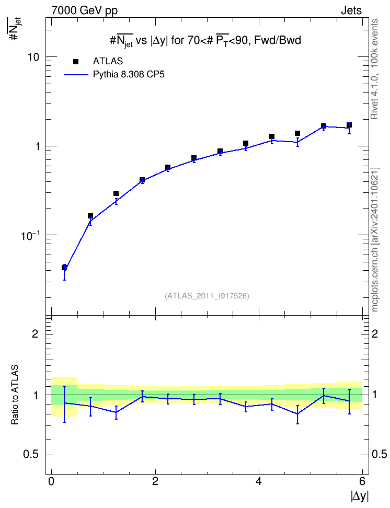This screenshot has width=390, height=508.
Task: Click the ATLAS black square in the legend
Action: point(75,62)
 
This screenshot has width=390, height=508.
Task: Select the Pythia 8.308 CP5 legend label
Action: point(129,75)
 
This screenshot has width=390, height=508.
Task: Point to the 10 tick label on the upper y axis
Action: point(33,57)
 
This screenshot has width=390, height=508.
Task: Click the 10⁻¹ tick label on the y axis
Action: point(30,236)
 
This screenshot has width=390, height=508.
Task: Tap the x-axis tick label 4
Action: point(259,481)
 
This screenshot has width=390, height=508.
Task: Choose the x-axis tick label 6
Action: point(362,481)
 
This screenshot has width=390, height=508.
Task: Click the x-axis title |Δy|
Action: point(360,497)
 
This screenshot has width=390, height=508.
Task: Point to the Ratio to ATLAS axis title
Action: point(15,395)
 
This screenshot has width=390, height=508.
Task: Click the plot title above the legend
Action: point(205,40)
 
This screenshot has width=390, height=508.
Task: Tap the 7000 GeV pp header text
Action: point(84,10)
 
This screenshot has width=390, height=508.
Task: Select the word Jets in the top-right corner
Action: point(351,10)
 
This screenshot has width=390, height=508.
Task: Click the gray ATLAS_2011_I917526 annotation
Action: point(207,296)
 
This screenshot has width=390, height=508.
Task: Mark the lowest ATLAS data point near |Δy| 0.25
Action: point(64,268)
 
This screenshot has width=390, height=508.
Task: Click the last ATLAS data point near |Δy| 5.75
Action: point(349,125)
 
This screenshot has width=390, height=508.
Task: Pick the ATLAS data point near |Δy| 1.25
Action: point(116,193)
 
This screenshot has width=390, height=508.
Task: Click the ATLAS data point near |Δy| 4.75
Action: point(297,133)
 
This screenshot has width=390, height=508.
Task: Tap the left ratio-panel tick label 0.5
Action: point(31,455)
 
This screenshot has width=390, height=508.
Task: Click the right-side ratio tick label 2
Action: point(375,333)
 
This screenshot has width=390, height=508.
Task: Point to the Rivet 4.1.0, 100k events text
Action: point(374,70)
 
